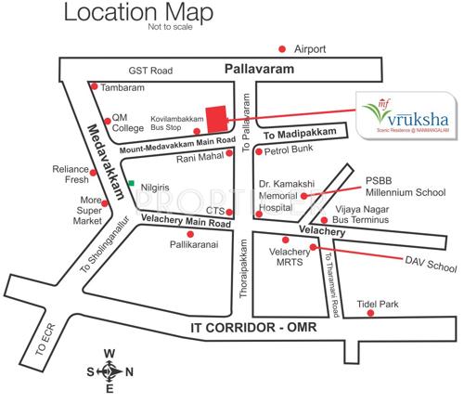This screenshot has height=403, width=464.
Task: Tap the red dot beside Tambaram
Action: (94, 85)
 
